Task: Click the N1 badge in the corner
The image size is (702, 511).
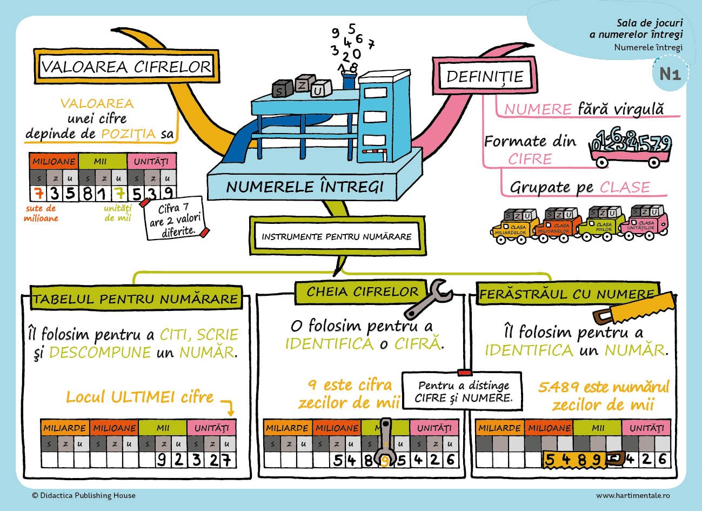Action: click(x=670, y=74)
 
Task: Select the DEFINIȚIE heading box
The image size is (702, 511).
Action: click(x=484, y=76)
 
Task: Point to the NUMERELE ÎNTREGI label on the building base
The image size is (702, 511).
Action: click(x=305, y=187)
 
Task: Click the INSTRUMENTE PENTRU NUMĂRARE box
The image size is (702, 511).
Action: click(x=336, y=236)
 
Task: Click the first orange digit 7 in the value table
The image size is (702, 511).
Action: click(x=37, y=193)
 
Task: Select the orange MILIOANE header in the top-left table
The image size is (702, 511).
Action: click(x=54, y=161)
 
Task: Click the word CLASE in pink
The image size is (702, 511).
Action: click(x=625, y=188)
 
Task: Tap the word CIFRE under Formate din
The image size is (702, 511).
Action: click(x=530, y=159)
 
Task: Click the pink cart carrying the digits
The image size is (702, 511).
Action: click(x=629, y=157)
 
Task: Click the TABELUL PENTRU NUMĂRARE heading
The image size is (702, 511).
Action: click(x=135, y=298)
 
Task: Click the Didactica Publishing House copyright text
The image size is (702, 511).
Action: click(x=84, y=495)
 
